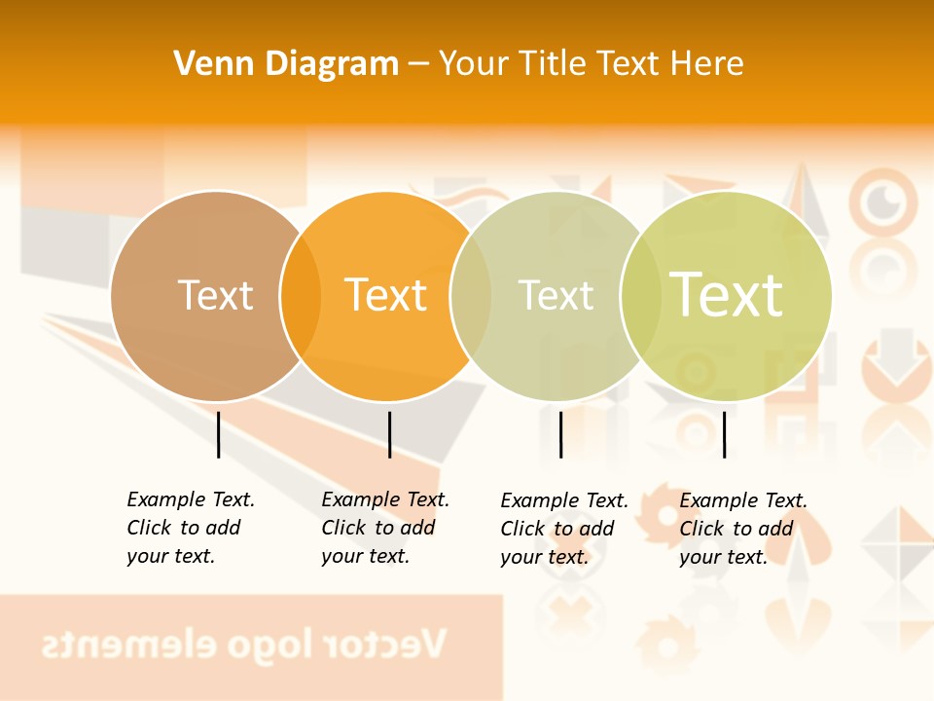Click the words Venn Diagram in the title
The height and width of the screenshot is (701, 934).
286,63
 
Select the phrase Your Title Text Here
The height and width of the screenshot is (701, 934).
591,63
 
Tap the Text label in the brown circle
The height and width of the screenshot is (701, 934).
215,295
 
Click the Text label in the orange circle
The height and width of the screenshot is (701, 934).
385,295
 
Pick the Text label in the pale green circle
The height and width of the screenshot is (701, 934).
556,295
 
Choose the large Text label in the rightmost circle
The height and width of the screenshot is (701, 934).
726,294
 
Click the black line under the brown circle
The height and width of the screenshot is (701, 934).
218,434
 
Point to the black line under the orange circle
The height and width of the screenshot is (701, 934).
389,434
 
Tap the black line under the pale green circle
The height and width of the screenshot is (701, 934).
560,434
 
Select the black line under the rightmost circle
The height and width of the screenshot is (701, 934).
724,434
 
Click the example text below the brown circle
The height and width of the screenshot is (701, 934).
190,528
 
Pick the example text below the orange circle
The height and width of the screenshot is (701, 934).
384,528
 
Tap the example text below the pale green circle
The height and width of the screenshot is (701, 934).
563,529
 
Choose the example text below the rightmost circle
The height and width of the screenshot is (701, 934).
742,529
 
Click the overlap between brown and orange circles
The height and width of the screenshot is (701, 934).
301,295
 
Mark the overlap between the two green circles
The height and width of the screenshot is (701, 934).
640,295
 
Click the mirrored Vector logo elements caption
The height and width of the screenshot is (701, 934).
243,645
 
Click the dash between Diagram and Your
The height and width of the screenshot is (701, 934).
418,64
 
